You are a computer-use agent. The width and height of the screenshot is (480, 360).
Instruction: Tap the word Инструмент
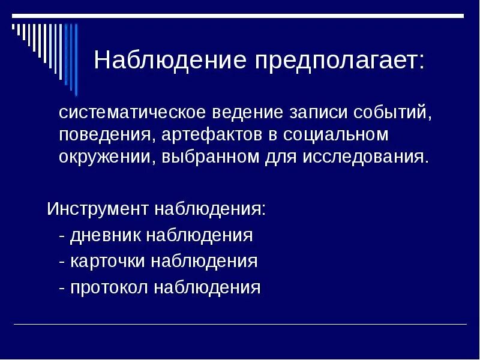pyautogui.click(x=98, y=210)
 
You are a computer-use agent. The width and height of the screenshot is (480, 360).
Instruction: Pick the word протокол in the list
pyautogui.click(x=109, y=287)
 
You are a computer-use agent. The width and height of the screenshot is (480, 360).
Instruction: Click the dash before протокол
pyautogui.click(x=62, y=287)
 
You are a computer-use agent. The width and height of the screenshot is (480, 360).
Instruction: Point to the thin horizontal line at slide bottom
pyautogui.click(x=240, y=325)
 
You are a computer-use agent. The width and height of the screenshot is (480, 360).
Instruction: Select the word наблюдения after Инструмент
pyautogui.click(x=211, y=210)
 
